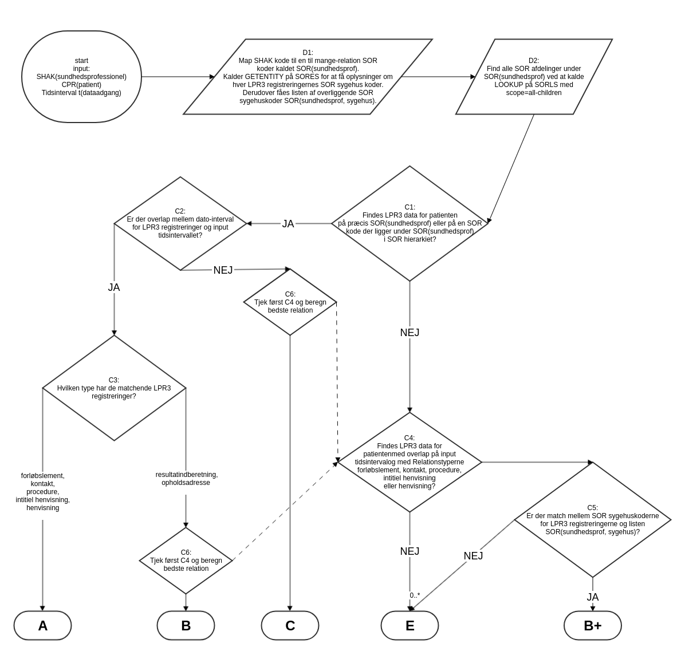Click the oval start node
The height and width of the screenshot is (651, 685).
point(81,77)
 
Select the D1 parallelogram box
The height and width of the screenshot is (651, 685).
point(308,77)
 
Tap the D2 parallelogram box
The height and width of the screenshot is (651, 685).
point(533,77)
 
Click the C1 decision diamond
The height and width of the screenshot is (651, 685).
point(410,223)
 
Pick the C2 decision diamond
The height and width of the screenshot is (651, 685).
point(180,223)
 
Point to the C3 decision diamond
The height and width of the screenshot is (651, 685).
point(114,388)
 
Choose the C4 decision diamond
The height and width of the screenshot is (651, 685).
point(410,462)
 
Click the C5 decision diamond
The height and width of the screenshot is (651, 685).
point(592,520)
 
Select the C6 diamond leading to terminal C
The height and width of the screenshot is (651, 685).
point(290,302)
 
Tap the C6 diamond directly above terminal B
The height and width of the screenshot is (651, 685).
point(186,561)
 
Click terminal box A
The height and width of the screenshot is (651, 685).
point(42,625)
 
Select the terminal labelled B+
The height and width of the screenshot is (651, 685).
point(592,625)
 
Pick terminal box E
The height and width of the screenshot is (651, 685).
point(410,625)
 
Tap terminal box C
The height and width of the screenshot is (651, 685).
point(290,625)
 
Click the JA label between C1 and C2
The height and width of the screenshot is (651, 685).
point(288,224)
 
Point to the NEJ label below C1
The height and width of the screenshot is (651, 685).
point(410,333)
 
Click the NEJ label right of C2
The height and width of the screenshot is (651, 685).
point(223,270)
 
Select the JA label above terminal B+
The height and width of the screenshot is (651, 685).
point(592,597)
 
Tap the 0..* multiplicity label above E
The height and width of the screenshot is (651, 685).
point(415,595)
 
